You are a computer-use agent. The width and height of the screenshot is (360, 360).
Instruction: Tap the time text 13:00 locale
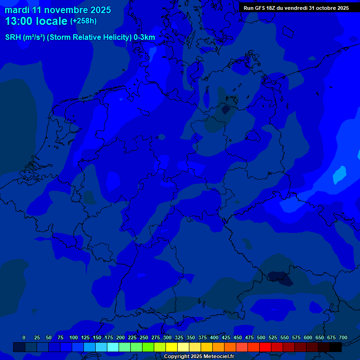(x=36, y=22)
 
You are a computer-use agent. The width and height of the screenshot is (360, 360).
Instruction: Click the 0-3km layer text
(x=144, y=37)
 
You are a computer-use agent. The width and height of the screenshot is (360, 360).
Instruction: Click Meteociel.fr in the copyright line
(x=215, y=357)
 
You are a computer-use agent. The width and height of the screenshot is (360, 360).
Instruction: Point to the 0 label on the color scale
(x=24, y=337)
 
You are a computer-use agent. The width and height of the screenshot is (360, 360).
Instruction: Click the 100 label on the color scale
(x=74, y=337)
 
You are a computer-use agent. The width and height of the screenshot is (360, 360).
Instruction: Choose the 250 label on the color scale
(x=144, y=337)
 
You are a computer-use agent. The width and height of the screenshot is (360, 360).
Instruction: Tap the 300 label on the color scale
(x=167, y=337)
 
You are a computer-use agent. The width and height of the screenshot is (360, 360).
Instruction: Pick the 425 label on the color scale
(x=226, y=337)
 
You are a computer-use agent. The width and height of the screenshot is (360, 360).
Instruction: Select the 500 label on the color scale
(x=261, y=337)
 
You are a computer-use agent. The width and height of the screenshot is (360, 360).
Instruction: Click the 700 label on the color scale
(x=343, y=337)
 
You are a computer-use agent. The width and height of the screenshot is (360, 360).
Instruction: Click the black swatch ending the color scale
(x=336, y=347)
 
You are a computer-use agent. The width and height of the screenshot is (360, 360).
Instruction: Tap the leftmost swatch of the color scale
(x=19, y=347)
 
